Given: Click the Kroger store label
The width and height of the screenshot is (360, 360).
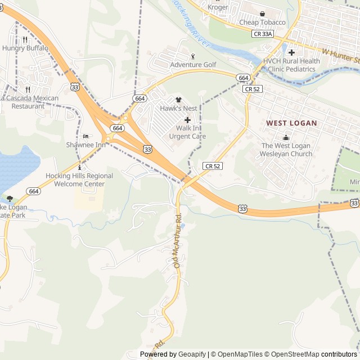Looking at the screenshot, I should pos(218,7).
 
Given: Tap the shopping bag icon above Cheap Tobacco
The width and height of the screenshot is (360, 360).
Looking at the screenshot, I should pos(262,13).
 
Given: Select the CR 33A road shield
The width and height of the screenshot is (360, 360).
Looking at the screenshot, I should pos(262,34).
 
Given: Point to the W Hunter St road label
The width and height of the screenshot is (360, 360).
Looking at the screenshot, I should pos(340,56).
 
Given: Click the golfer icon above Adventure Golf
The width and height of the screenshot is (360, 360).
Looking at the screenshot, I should pos(193,56).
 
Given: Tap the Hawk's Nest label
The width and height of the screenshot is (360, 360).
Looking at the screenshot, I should pos(178,108).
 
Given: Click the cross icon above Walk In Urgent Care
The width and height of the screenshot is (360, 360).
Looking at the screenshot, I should pos(187,120).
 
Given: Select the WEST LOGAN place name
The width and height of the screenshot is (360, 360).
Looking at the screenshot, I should pos(291,123).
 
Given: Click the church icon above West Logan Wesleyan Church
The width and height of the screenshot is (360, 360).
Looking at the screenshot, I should pos(286,137).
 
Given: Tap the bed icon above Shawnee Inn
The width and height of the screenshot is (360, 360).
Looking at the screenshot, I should pos(85,136).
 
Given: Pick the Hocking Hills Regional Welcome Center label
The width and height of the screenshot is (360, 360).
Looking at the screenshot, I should pos(79,180).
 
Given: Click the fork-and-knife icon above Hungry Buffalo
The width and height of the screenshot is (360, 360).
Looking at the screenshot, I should pos(25,40).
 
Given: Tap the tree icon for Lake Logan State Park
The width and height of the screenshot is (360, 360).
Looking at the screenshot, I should pos(9,199).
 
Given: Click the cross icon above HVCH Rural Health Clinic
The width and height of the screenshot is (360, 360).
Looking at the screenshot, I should pos(291,52).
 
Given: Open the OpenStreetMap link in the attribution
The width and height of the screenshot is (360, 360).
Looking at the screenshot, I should pos(292,354).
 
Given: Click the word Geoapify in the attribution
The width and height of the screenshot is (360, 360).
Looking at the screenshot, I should pos(192,354).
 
